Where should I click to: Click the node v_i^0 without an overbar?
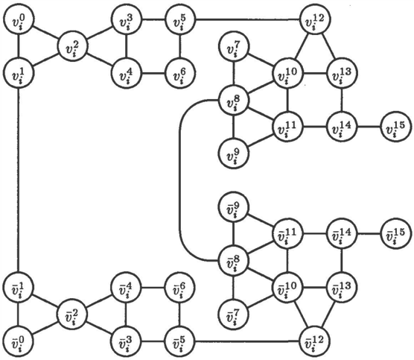pos(19,19)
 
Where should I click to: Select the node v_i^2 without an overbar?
pos(73,46)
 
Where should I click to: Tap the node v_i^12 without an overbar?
pos(315,19)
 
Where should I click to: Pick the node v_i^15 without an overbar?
pos(396,127)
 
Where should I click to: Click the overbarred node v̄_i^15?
pos(396,233)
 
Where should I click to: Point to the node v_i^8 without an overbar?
pos(233,100)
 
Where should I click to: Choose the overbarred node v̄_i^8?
pos(233,260)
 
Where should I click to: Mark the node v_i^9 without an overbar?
pos(233,154)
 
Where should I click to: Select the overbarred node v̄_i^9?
pos(233,206)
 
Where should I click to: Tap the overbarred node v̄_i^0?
pos(19,341)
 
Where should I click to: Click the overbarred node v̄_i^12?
pos(315,341)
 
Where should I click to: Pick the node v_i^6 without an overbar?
pos(180,73)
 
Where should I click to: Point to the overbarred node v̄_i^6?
pos(180,287)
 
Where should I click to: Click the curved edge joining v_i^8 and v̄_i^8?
pos(180,180)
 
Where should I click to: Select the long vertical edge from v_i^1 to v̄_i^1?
pos(18,180)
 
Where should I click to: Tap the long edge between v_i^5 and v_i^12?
pos(248,19)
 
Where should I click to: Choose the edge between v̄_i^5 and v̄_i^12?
pos(248,341)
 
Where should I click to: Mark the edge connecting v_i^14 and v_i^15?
pos(369,127)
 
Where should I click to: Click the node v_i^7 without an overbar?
pos(233,46)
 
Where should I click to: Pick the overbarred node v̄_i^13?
pos(342,287)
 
